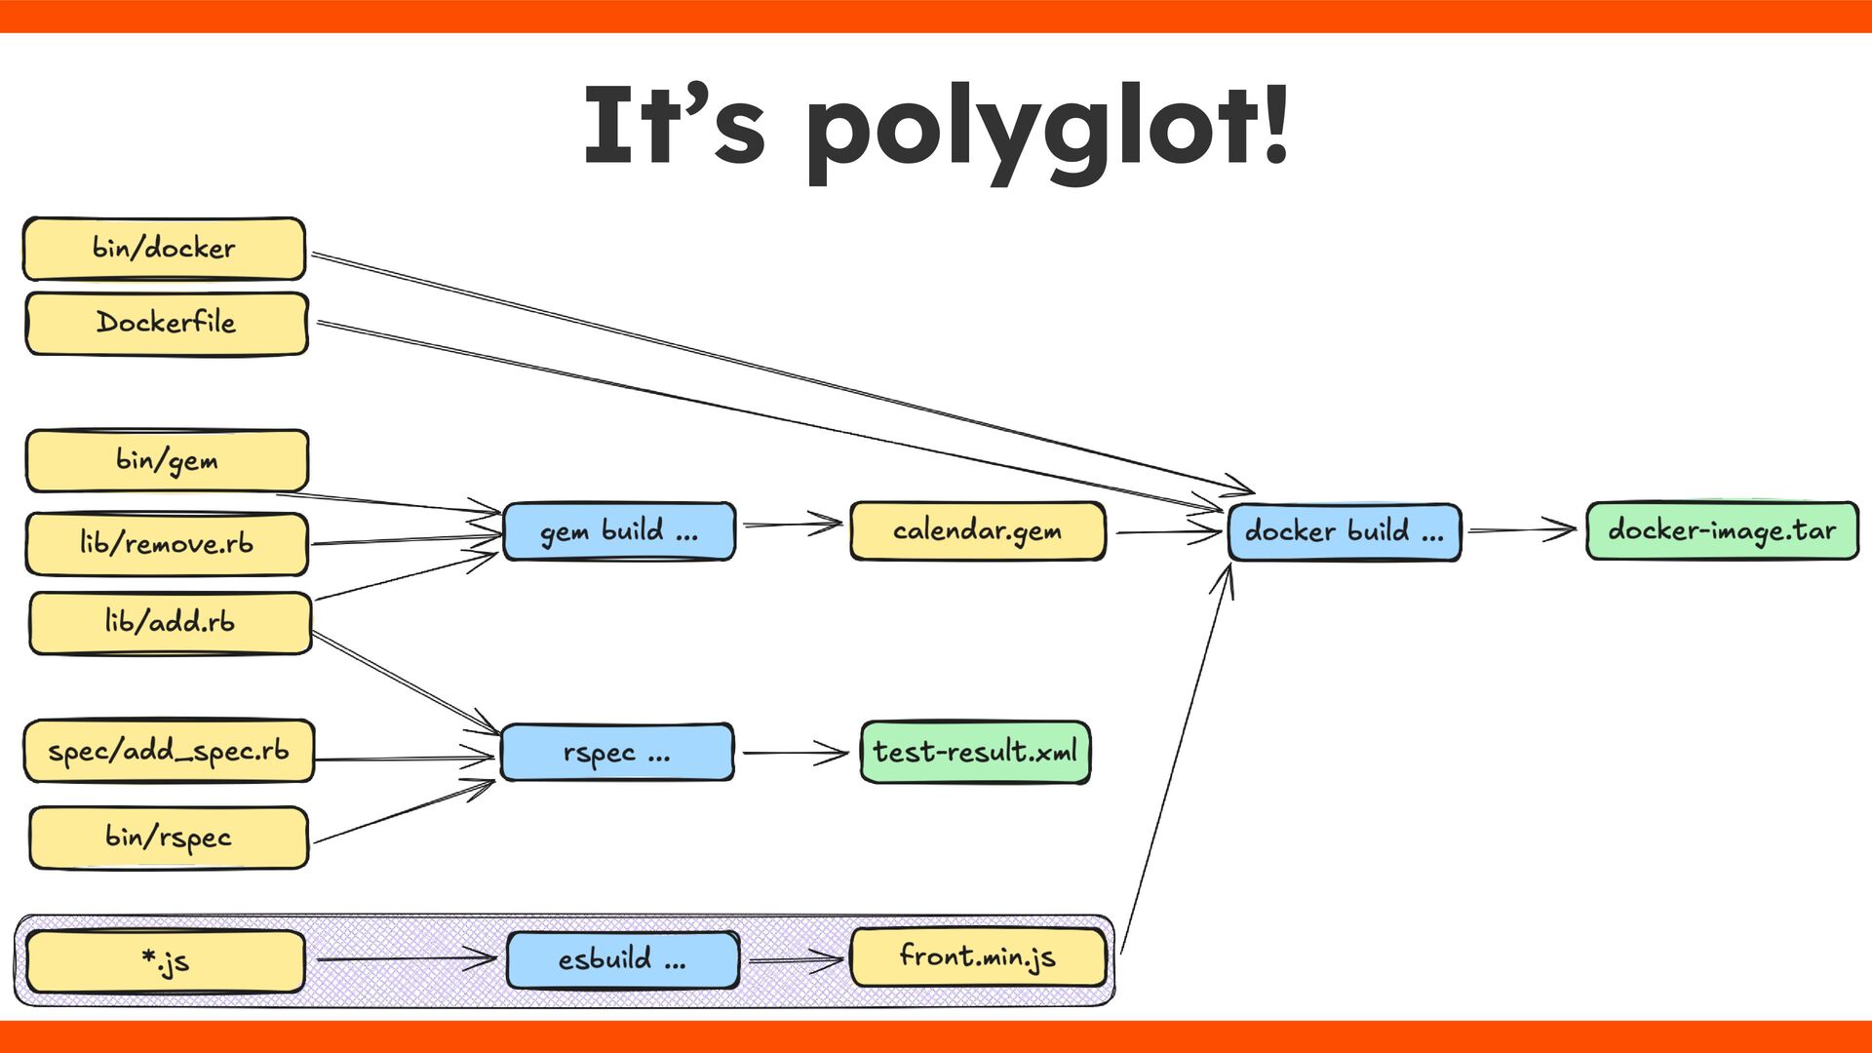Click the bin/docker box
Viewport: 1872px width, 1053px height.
click(164, 249)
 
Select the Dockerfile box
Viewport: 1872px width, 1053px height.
click(166, 323)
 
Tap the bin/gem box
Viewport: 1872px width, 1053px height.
click(167, 460)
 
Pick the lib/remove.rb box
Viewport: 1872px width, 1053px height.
click(167, 543)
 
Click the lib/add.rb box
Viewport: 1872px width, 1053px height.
click(170, 622)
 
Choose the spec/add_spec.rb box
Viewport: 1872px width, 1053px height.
click(169, 751)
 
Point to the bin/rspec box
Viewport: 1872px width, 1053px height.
click(169, 838)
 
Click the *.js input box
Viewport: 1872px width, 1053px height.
click(165, 961)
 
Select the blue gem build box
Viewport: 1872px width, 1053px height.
click(618, 531)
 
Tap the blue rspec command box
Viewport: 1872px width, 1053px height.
click(616, 753)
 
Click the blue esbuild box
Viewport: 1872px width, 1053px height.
click(622, 960)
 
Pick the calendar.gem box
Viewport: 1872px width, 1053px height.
click(977, 531)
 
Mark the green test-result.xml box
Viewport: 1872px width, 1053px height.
click(975, 752)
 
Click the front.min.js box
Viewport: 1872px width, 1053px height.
click(978, 957)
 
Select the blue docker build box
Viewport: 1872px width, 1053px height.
click(1344, 532)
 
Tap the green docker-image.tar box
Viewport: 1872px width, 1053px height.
click(1722, 531)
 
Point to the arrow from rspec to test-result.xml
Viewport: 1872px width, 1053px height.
click(795, 753)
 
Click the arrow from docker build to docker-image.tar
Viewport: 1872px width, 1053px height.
click(1521, 530)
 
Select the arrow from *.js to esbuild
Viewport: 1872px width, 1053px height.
click(405, 959)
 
